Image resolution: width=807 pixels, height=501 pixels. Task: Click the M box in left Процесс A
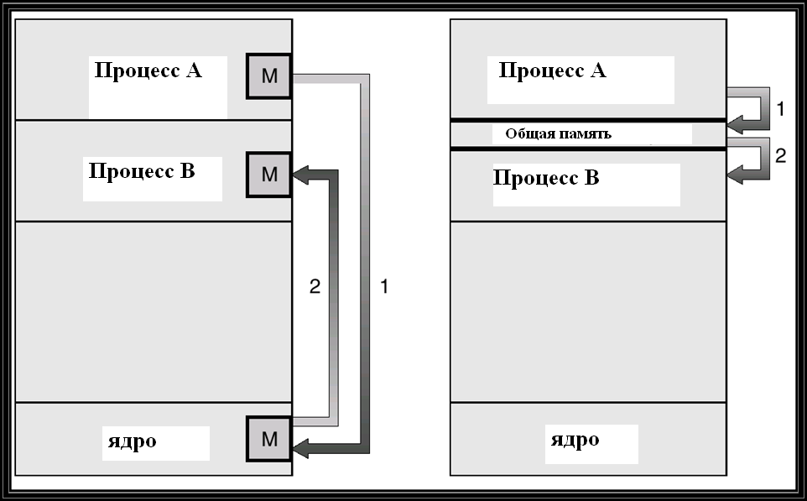point(269,76)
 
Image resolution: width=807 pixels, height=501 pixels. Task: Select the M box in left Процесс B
point(269,175)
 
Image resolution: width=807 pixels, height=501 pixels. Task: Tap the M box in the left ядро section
point(269,439)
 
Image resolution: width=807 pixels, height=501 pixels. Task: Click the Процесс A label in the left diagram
point(148,70)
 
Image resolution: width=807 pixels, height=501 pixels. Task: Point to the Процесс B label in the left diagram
point(142,171)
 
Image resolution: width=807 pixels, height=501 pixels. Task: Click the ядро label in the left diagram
point(133,441)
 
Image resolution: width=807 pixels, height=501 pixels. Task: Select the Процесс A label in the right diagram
point(553,70)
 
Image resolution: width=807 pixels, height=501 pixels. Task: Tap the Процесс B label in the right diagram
point(547,178)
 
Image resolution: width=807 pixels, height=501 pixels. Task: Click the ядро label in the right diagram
point(575,441)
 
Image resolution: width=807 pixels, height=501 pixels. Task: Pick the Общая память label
point(559,134)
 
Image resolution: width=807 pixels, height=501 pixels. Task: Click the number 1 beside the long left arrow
point(384,286)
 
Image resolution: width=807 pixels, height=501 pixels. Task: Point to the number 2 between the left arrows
point(315,286)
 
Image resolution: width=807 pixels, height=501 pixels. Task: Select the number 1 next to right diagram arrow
point(780,108)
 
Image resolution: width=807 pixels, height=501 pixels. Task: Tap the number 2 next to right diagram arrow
point(781,155)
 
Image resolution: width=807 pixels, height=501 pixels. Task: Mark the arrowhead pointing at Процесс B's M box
point(301,175)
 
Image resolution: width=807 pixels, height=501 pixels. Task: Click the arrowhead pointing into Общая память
point(735,125)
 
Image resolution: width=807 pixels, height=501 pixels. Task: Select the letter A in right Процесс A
point(598,70)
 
